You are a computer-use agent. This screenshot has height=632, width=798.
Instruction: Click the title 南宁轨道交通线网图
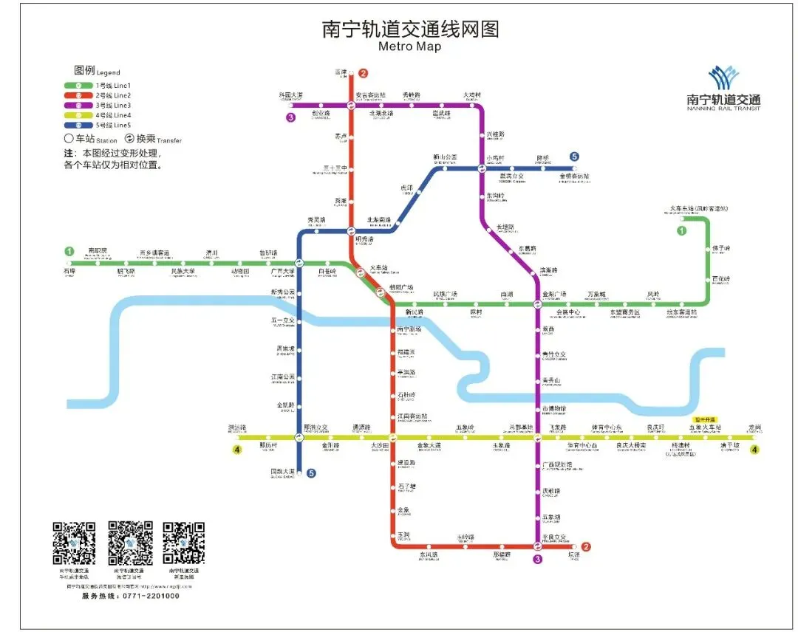tap(411, 29)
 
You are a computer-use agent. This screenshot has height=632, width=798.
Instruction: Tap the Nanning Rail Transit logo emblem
tap(723, 78)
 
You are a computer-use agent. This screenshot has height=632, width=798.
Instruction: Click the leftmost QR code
tap(74, 543)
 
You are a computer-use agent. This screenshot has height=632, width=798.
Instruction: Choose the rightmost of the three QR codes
tap(184, 543)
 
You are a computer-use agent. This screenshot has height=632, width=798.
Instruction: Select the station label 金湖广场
tap(554, 294)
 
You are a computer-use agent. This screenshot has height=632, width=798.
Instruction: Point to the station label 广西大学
tap(282, 272)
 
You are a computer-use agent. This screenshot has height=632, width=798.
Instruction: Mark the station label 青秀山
tap(552, 381)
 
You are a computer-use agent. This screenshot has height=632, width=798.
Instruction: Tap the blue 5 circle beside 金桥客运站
tap(574, 157)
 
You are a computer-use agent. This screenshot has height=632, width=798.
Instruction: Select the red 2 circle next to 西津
tap(363, 73)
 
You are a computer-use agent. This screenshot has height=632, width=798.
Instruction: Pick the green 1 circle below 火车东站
tap(681, 230)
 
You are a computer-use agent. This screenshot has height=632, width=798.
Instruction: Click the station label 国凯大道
tap(282, 471)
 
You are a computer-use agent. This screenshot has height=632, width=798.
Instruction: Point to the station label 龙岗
tap(754, 427)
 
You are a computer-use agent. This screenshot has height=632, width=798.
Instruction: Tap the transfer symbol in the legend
tap(130, 138)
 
